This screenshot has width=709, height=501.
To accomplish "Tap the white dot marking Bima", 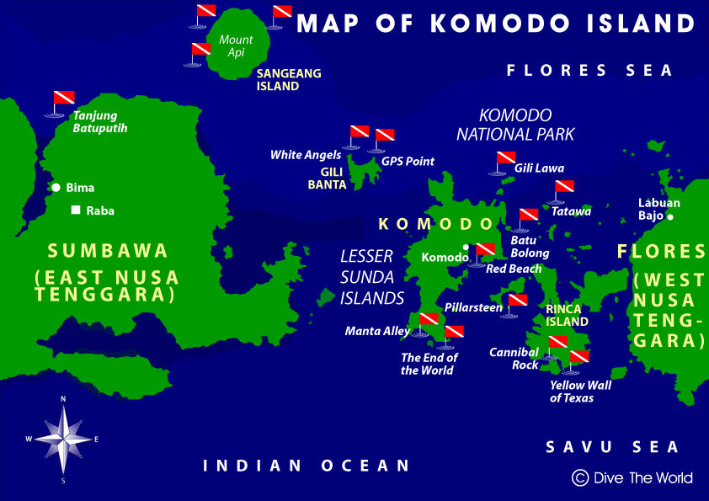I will pos(56,188).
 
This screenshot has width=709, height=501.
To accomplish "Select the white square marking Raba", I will pos(76,211).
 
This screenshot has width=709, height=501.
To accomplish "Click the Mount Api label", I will pos(236,45).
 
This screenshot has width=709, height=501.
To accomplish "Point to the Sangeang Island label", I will pos(289,79).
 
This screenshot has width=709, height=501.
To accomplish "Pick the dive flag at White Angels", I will pos(359,133).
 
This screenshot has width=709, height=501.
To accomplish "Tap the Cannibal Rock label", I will pos(514,359).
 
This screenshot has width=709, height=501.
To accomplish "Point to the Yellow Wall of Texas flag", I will pos(578,359).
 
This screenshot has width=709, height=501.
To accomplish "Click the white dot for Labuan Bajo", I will pos(670,217).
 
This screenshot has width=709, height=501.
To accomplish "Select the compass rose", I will pos(63,438).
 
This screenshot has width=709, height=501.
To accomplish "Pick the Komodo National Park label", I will pos(515,125).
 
